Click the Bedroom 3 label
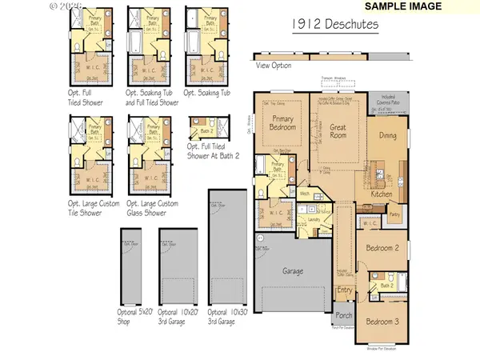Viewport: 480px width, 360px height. [x=382, y=322]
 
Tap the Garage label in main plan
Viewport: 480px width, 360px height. [x=292, y=271]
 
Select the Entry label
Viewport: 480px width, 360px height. [x=345, y=290]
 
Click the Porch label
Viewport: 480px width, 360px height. [x=344, y=314]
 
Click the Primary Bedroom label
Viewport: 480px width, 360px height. [x=282, y=122]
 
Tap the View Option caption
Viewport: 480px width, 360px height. [x=274, y=66]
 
